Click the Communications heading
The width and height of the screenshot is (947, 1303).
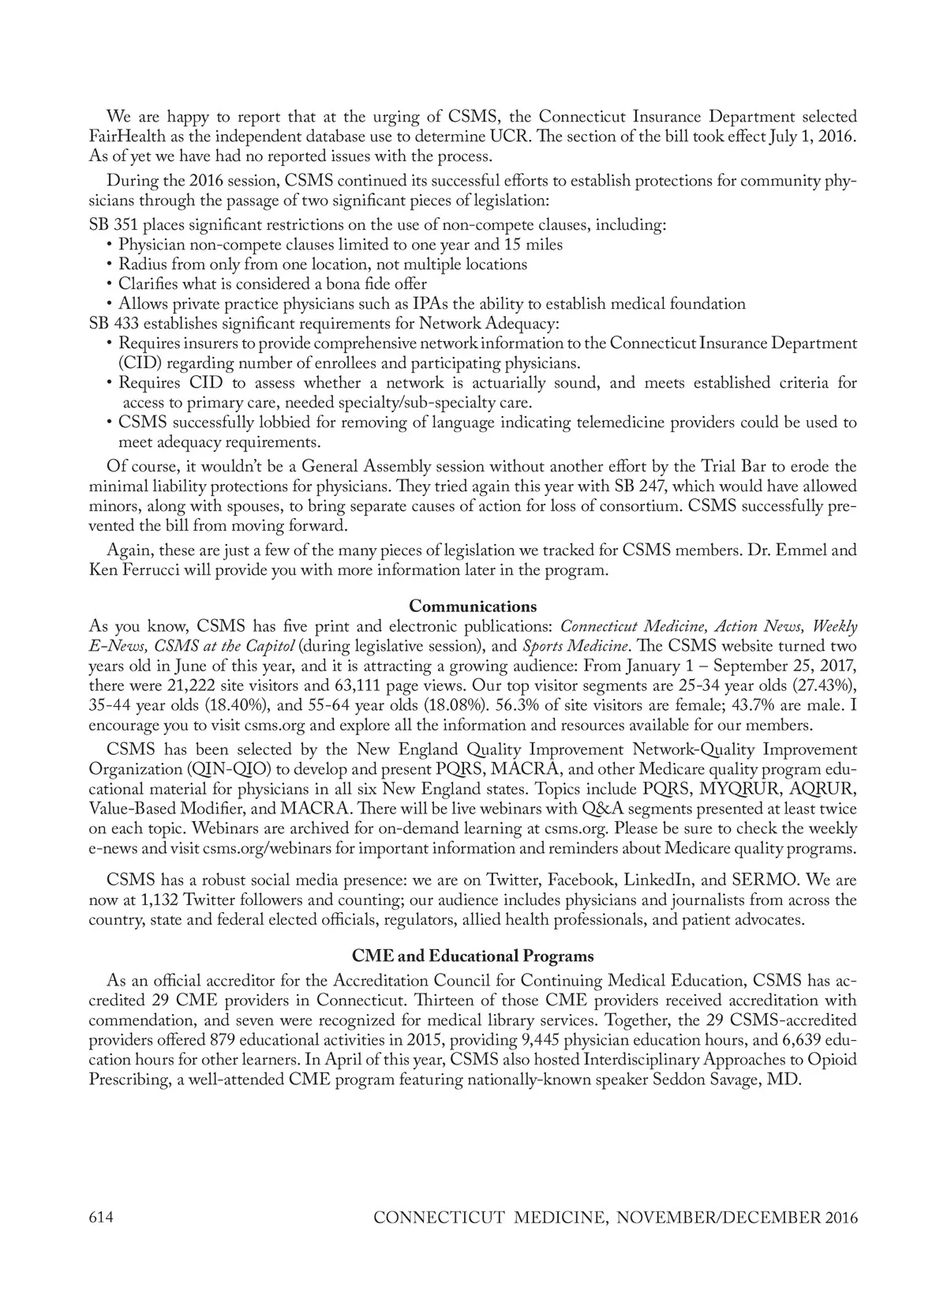coord(473,606)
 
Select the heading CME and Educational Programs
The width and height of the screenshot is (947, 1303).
coord(473,956)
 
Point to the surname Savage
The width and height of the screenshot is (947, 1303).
coord(731,1080)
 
